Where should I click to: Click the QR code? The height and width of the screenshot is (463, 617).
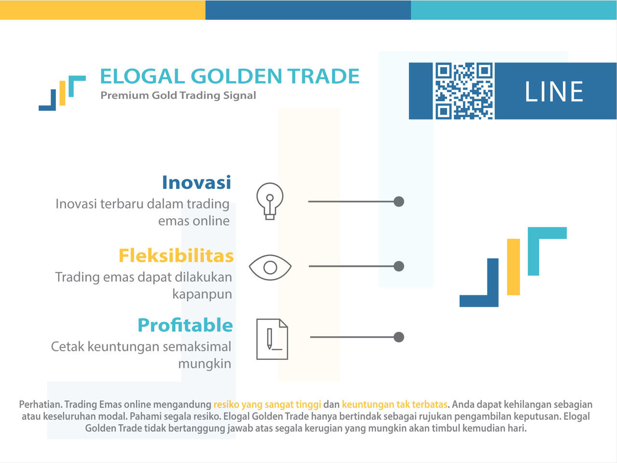click(464, 91)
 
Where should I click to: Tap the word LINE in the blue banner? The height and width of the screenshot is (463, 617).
click(554, 92)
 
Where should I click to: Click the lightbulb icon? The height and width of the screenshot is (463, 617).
click(270, 201)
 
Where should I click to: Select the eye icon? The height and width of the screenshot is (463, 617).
click(270, 267)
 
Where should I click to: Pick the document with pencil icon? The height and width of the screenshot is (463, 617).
click(272, 339)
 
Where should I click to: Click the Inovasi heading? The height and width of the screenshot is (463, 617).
click(197, 183)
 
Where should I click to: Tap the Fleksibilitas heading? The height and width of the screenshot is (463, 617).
click(176, 256)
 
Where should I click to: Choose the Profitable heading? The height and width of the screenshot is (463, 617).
click(185, 325)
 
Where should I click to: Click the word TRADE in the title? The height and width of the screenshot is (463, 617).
click(323, 76)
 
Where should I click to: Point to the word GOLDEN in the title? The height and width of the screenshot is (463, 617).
click(236, 76)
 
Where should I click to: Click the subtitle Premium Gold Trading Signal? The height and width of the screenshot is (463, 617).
click(178, 95)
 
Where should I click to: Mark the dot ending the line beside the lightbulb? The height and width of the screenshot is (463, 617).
click(399, 201)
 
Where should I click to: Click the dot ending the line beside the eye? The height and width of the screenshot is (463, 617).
click(399, 266)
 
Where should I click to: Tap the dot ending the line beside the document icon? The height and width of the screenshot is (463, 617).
click(399, 337)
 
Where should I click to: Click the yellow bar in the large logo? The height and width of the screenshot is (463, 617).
click(513, 267)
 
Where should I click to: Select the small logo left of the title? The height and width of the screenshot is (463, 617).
click(62, 93)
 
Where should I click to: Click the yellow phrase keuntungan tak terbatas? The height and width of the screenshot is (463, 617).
click(395, 405)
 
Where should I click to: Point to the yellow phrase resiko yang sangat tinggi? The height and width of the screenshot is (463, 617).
click(268, 405)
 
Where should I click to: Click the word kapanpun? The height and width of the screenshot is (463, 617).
click(202, 295)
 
